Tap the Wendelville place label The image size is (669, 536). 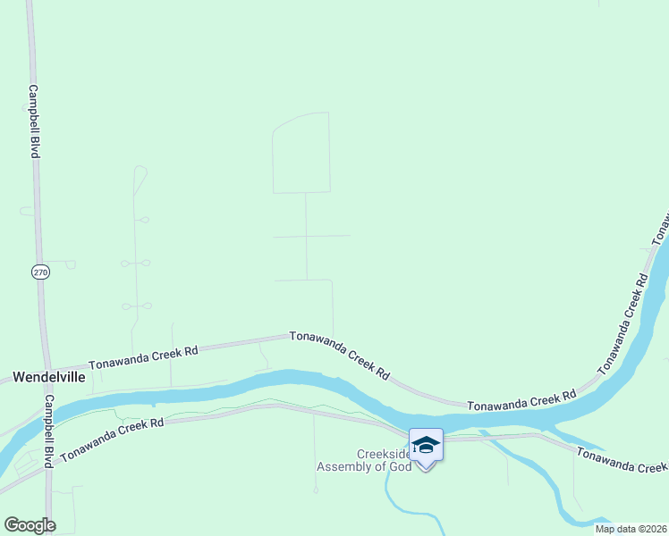49,377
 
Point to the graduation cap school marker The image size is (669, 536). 426,444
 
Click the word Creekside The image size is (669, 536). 383,453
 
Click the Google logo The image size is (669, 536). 30,525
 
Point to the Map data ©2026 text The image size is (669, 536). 631,529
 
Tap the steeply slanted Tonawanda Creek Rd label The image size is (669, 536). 622,324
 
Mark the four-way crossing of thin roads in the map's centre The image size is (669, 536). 306,236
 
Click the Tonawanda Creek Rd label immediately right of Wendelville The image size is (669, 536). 143,358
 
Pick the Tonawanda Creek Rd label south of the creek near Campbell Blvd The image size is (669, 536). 112,440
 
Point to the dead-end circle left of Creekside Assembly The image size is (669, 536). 315,490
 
